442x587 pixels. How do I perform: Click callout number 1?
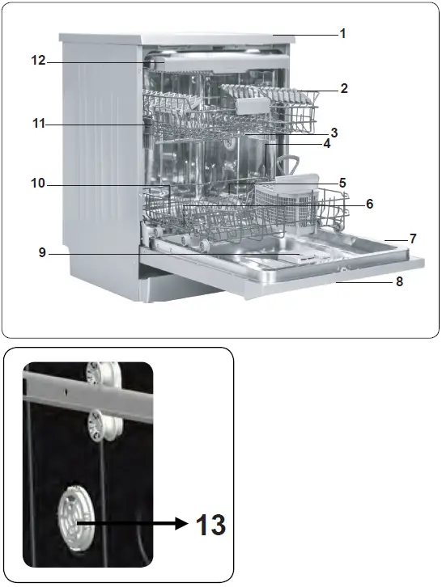coord(342,34)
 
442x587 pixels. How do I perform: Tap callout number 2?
coord(344,89)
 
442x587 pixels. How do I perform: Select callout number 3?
coord(334,132)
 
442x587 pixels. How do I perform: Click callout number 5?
coord(342,183)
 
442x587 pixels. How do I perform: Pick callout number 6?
coord(369,204)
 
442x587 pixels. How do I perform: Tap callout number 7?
coord(412,239)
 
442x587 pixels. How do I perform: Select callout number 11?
coord(38,124)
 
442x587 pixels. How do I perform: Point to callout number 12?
coord(38,61)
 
